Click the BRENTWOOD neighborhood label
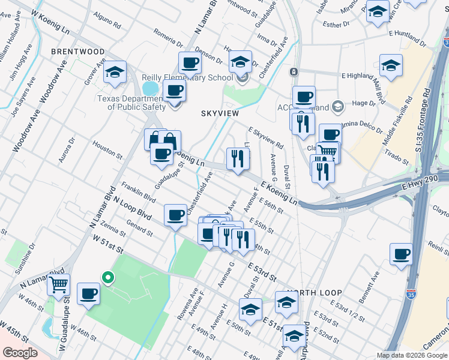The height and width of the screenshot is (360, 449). (x=78, y=52)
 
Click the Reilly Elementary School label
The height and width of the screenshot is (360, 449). (x=187, y=78)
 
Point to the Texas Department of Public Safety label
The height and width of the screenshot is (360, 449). (x=136, y=103)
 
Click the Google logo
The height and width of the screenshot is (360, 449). (x=20, y=352)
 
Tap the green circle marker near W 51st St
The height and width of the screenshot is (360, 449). (x=108, y=277)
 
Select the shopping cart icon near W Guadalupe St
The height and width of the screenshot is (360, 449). (x=58, y=284)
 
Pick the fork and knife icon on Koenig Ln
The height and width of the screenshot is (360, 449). (x=238, y=158)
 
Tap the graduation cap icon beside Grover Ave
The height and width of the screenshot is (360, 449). (x=115, y=72)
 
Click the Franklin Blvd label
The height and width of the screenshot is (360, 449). (x=139, y=193)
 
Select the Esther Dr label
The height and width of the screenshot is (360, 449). (x=336, y=25)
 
